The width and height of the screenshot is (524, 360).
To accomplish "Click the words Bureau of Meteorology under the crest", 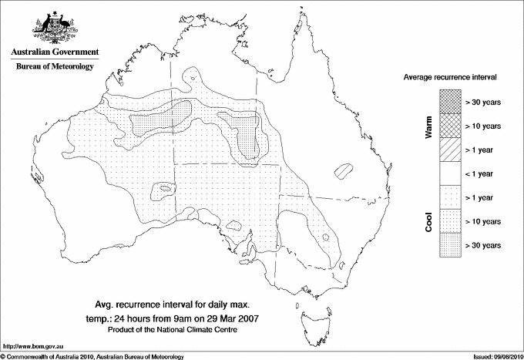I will [x=54, y=67].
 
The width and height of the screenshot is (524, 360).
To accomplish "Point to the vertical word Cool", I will [x=429, y=222].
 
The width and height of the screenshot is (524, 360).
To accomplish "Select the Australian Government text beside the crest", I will [x=54, y=52].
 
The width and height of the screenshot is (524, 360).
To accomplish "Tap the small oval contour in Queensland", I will [x=343, y=170].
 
